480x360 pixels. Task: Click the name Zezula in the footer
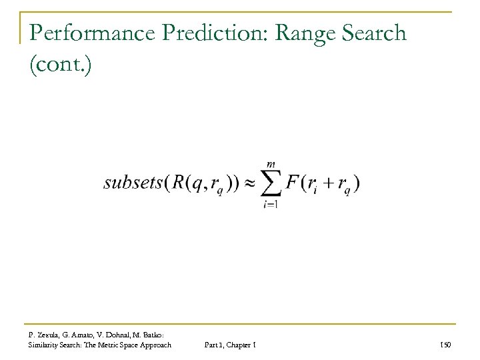click(50, 334)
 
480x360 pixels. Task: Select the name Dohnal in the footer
click(121, 334)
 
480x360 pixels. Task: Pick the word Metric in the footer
click(114, 344)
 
